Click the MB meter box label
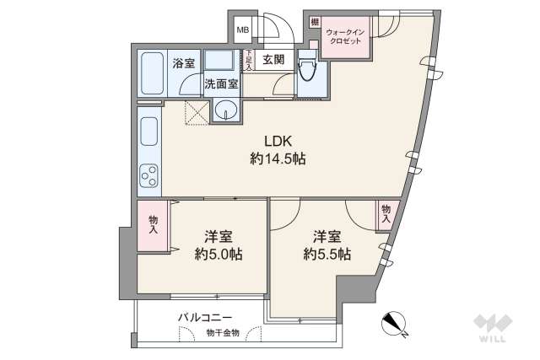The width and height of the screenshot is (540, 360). [242, 31]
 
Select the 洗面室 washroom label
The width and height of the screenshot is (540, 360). [221, 84]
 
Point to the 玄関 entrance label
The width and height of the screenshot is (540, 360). [272, 60]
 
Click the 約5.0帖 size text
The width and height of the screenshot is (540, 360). [219, 254]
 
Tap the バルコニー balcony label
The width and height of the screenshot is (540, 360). [205, 318]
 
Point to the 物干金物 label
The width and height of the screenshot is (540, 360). [222, 333]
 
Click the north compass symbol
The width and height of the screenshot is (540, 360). [394, 323]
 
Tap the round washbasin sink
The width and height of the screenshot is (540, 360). [225, 110]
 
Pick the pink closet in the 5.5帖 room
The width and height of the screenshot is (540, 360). [386, 212]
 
